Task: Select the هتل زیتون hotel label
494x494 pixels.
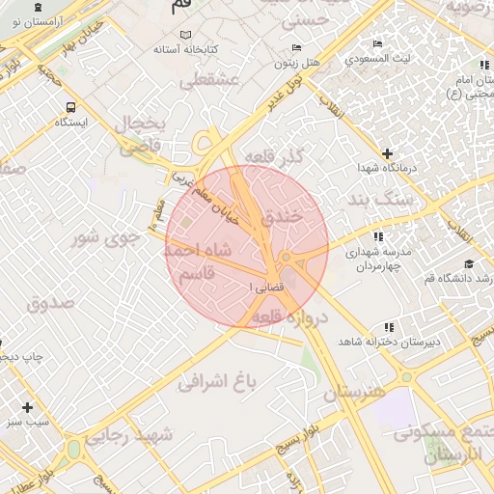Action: pyautogui.click(x=298, y=63)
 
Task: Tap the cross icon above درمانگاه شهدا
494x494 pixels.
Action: pyautogui.click(x=387, y=152)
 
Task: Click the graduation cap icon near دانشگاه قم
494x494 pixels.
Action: pyautogui.click(x=469, y=263)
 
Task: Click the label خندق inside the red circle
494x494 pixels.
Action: pyautogui.click(x=283, y=217)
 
